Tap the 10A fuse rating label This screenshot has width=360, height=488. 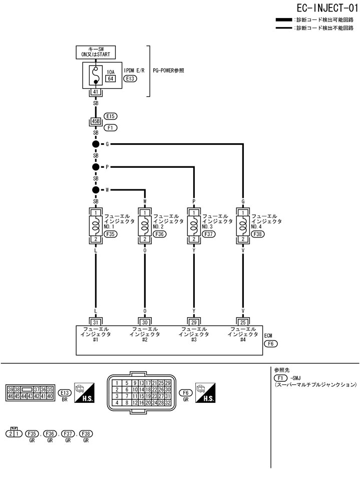click(x=110, y=72)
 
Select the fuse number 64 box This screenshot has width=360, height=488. click(x=110, y=78)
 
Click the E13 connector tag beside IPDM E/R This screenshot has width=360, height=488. click(x=131, y=79)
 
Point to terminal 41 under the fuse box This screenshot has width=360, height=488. click(x=95, y=92)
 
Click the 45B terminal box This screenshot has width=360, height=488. click(x=95, y=121)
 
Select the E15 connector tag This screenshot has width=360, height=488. click(x=111, y=116)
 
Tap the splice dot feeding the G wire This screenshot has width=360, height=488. click(x=95, y=144)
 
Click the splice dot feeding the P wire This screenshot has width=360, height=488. click(x=95, y=167)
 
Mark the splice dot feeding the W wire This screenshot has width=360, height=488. click(x=95, y=190)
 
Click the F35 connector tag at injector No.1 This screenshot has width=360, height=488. click(x=111, y=233)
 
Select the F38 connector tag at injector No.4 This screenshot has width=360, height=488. click(x=258, y=233)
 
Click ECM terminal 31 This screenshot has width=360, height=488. click(x=95, y=322)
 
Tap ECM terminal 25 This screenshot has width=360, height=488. click(x=243, y=322)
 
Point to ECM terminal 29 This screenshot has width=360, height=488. click(x=194, y=322)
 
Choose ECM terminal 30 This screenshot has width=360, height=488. click(x=145, y=322)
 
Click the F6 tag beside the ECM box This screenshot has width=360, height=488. click(x=270, y=344)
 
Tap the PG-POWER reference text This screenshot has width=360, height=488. click(x=168, y=71)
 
